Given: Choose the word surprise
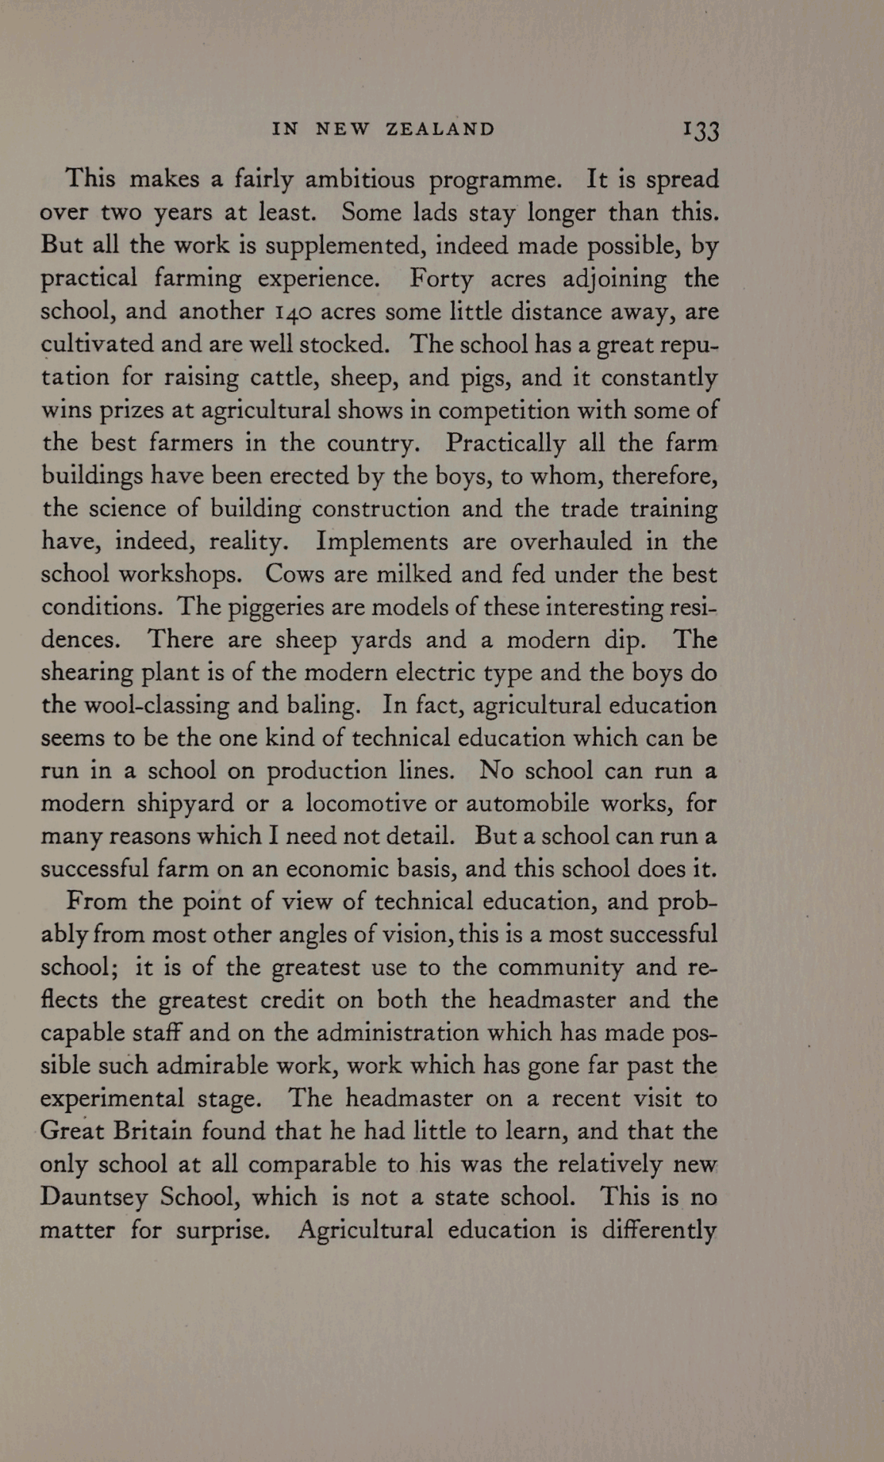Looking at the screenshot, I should (x=224, y=1231).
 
